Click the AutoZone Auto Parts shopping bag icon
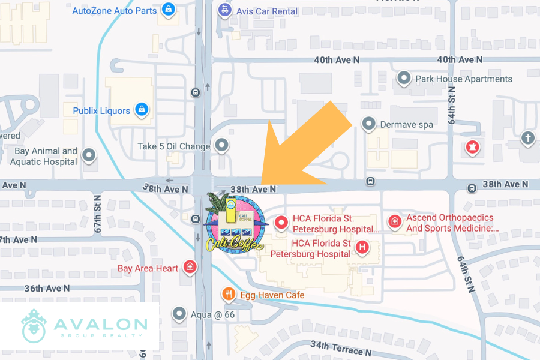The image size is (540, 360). click(x=169, y=11)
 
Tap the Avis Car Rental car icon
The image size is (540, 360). click(x=224, y=10)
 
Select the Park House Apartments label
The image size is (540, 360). click(x=464, y=79)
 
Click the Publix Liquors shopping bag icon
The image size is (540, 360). click(x=142, y=110)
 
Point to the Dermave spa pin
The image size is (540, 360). click(x=368, y=124)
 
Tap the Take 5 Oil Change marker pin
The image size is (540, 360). click(x=222, y=145)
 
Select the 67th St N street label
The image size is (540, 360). click(x=98, y=214)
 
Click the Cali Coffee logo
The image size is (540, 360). click(x=235, y=223)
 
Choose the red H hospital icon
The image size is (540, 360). click(x=362, y=247)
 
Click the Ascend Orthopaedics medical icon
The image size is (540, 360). click(x=394, y=221)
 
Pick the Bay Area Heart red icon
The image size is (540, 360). click(x=190, y=267)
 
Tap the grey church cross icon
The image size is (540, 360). click(x=528, y=137)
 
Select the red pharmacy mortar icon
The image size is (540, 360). click(x=473, y=146)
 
